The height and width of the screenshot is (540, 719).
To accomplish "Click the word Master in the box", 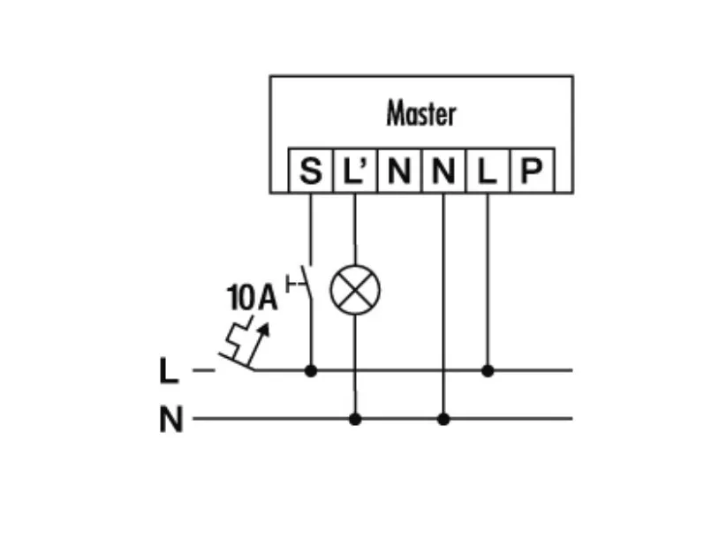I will [x=421, y=114].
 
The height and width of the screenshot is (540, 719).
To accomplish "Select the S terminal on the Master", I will [x=311, y=171].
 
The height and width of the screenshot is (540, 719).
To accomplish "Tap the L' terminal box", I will [x=354, y=171].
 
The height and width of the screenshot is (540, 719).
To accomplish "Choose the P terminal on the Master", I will [x=530, y=171].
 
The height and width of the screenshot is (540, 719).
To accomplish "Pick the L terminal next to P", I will [x=487, y=171].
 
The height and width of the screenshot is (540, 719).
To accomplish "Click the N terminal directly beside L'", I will [x=398, y=171].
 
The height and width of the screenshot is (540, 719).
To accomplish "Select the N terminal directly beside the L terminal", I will [x=443, y=171].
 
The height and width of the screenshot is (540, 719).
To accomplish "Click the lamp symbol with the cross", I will [x=355, y=290].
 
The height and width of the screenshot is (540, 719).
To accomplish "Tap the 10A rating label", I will [x=252, y=298].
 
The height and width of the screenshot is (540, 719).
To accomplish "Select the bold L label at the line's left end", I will [x=169, y=371].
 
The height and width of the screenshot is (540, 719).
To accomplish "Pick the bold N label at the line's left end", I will [x=171, y=420].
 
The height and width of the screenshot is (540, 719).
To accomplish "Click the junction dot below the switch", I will [x=311, y=370].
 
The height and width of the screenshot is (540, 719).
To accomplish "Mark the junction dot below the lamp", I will [x=355, y=419].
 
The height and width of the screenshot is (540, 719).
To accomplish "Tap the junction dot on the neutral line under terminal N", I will [x=443, y=419].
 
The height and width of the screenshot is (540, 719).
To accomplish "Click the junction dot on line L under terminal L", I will [x=488, y=370].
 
